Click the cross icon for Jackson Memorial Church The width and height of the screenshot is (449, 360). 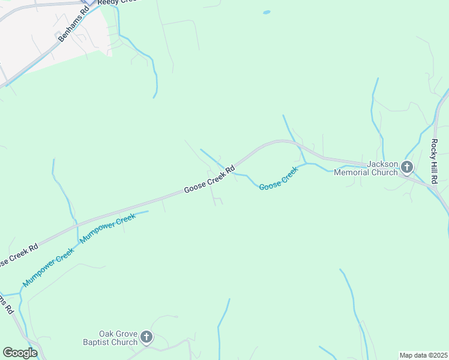tap(408, 167)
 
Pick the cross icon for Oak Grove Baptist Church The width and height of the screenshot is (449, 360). tap(147, 337)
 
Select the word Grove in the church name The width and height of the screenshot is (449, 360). tap(128, 334)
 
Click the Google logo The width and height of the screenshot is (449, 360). tap(20, 353)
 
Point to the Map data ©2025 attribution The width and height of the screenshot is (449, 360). tap(423, 355)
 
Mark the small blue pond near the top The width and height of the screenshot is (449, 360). tap(266, 11)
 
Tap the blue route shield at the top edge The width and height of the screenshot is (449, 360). tap(89, 2)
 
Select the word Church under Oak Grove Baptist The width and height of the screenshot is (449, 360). tap(125, 342)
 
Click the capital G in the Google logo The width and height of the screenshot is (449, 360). tap(8, 353)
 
